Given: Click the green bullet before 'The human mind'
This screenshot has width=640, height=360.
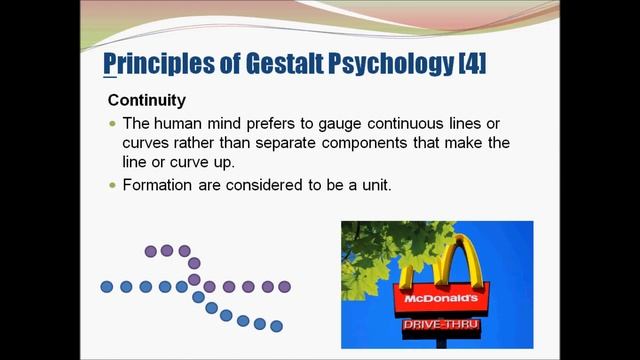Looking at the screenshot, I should tap(113, 123).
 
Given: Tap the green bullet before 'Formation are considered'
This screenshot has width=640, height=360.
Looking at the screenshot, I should tap(113, 185).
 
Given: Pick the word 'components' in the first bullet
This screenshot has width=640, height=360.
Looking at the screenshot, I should tap(397, 143).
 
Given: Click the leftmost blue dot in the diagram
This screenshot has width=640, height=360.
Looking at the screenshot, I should tap(107, 287).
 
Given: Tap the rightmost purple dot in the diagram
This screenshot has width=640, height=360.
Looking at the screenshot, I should tap(285, 287).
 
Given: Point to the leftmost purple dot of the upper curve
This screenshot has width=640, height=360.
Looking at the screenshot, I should tap(150, 251).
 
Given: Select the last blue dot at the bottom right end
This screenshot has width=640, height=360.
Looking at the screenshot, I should tap(277, 326).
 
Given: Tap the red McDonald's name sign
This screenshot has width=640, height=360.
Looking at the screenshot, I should tap(438, 299).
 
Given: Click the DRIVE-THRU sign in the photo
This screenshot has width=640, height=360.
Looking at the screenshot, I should tap(438, 325).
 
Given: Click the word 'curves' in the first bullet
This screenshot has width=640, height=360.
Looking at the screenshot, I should tap(147, 143).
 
